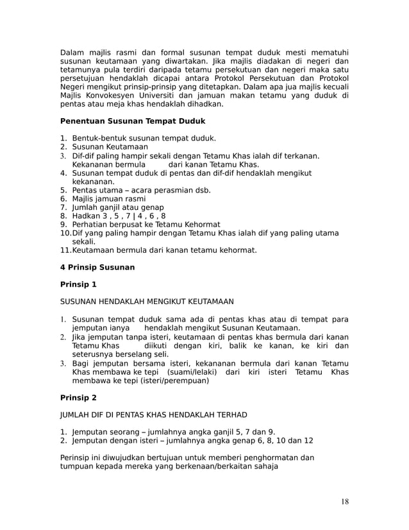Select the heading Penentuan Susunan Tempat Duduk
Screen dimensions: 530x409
pos(132,121)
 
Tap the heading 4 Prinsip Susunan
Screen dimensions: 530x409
pos(97,267)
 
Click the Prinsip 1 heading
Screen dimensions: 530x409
pos(78,284)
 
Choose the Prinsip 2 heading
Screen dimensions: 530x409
pos(78,397)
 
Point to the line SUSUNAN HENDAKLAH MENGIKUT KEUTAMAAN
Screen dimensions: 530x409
pos(147,301)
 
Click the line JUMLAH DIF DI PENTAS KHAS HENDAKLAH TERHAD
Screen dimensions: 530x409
pos(153,415)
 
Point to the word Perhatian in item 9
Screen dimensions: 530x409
pos(91,225)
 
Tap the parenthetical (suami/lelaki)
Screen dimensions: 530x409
pos(192,372)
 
